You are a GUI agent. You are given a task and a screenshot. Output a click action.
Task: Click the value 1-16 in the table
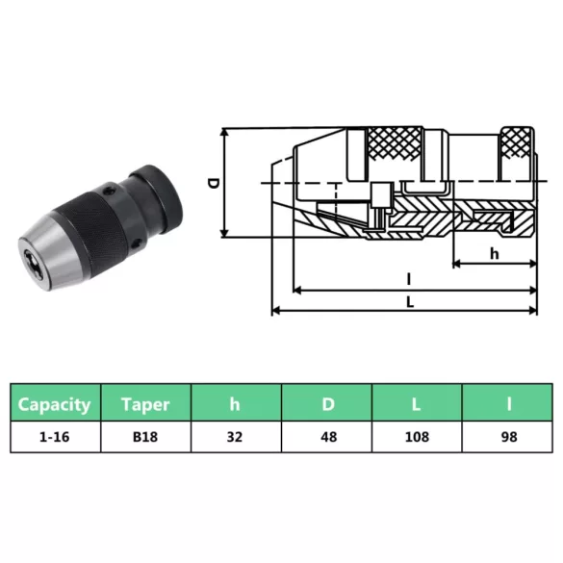55,437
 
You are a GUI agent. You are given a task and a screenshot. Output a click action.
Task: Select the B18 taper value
145,437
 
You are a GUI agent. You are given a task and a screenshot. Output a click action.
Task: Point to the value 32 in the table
235,437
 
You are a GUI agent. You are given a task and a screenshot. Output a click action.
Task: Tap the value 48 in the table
327,437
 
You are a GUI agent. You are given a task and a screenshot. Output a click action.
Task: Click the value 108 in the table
417,437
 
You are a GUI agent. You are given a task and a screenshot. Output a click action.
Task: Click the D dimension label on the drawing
214,183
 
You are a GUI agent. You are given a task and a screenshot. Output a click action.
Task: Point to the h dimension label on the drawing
494,254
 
